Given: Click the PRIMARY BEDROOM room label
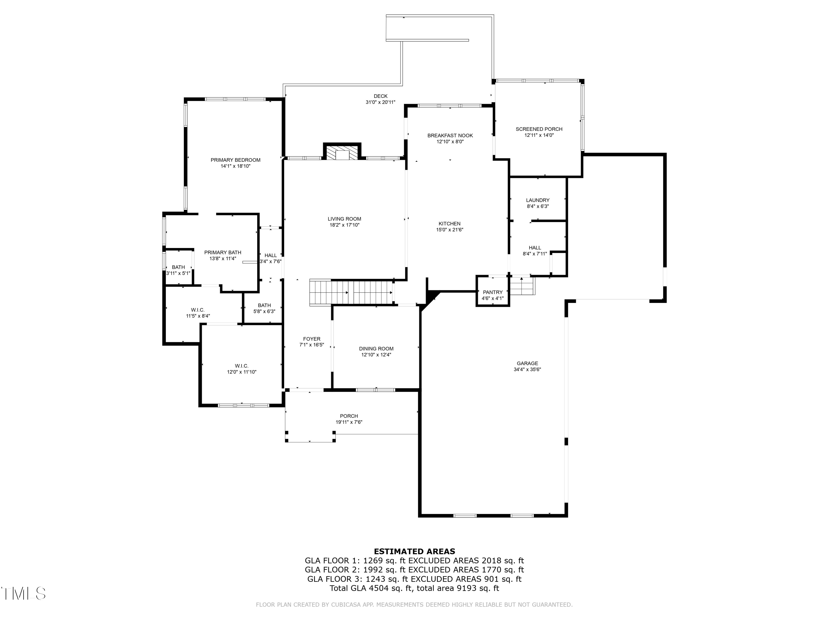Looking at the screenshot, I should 235,160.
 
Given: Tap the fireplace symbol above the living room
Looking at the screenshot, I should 342,153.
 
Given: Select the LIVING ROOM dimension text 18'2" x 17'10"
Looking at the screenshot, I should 344,225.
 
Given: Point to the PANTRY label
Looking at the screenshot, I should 492,292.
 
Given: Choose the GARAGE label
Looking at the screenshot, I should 527,363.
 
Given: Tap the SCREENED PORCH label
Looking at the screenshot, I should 539,129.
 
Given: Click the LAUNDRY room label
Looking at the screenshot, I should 537,200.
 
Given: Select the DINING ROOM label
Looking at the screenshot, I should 376,349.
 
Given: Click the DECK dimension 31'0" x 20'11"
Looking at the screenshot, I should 381,102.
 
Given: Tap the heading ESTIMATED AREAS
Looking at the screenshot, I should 414,551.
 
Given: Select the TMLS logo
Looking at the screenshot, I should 23,594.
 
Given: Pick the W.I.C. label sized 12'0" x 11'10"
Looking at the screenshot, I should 241,366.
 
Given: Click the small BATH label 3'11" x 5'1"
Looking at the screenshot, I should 179,267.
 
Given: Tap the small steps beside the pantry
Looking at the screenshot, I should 522,287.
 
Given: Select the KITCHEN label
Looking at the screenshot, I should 449,223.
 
